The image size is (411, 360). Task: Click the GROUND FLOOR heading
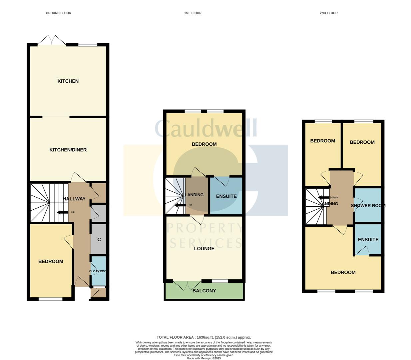click(x=58, y=13)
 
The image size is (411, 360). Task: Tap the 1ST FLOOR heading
click(x=193, y=13)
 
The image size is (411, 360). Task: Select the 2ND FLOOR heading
click(x=328, y=13)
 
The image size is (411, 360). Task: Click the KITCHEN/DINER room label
click(x=68, y=150)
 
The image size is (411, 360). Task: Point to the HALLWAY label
click(x=74, y=199)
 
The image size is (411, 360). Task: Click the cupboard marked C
click(x=99, y=239)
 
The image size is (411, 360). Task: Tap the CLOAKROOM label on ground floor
click(x=98, y=271)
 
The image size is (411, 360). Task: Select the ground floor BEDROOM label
click(x=51, y=261)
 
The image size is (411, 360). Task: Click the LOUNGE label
click(x=204, y=249)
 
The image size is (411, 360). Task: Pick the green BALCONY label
click(x=204, y=291)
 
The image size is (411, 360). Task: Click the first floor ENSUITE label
click(x=226, y=196)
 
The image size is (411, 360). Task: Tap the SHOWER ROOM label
click(x=368, y=206)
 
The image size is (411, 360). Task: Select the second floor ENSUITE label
click(x=368, y=240)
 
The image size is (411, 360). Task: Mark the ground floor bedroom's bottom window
click(x=50, y=299)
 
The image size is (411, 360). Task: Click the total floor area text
click(x=204, y=337)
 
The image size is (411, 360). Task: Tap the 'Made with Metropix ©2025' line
click(x=204, y=358)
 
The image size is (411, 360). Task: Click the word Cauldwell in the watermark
click(x=206, y=128)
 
